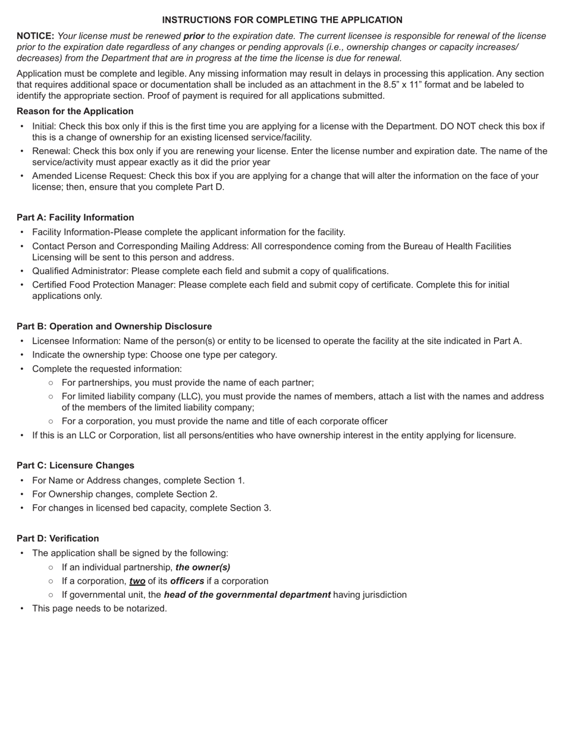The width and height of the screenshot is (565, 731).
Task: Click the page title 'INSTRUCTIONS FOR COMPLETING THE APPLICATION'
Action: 282,20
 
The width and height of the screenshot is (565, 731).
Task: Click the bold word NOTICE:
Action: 35,36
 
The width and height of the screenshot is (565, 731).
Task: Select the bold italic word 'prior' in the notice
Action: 194,36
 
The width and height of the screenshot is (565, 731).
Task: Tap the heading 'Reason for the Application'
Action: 75,111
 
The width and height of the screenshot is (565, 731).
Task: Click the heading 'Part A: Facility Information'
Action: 75,218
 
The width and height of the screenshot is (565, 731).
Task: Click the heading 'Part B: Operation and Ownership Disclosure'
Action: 114,326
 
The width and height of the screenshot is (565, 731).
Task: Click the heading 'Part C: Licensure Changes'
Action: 75,465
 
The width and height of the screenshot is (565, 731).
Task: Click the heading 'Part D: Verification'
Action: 58,538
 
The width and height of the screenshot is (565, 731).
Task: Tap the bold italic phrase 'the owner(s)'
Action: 203,568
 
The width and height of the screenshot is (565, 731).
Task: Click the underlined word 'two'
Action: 137,581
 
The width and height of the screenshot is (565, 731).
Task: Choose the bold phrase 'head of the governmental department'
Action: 247,595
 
